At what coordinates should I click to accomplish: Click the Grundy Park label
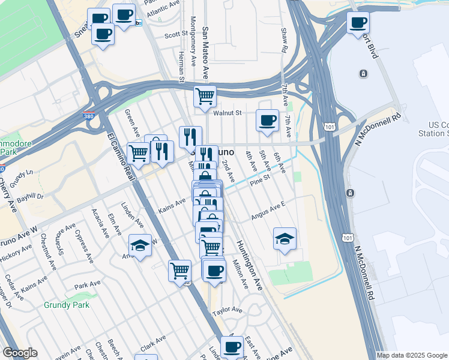[66, 305]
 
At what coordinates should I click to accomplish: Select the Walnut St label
[226, 112]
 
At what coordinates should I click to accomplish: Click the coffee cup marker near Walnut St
[267, 120]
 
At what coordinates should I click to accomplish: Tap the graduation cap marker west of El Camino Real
[140, 245]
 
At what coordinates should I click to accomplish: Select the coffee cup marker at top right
[358, 23]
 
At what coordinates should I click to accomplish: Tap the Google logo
[20, 353]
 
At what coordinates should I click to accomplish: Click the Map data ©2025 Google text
[412, 355]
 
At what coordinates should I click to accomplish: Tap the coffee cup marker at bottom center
[231, 346]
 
